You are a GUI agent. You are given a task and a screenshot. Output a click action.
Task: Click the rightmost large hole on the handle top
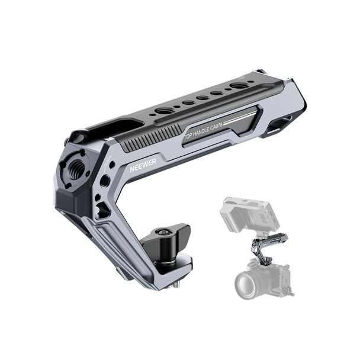point(239,86)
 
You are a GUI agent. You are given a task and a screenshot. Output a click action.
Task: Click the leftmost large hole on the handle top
point(164,111)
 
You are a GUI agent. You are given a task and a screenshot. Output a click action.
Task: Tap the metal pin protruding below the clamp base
point(176,285)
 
